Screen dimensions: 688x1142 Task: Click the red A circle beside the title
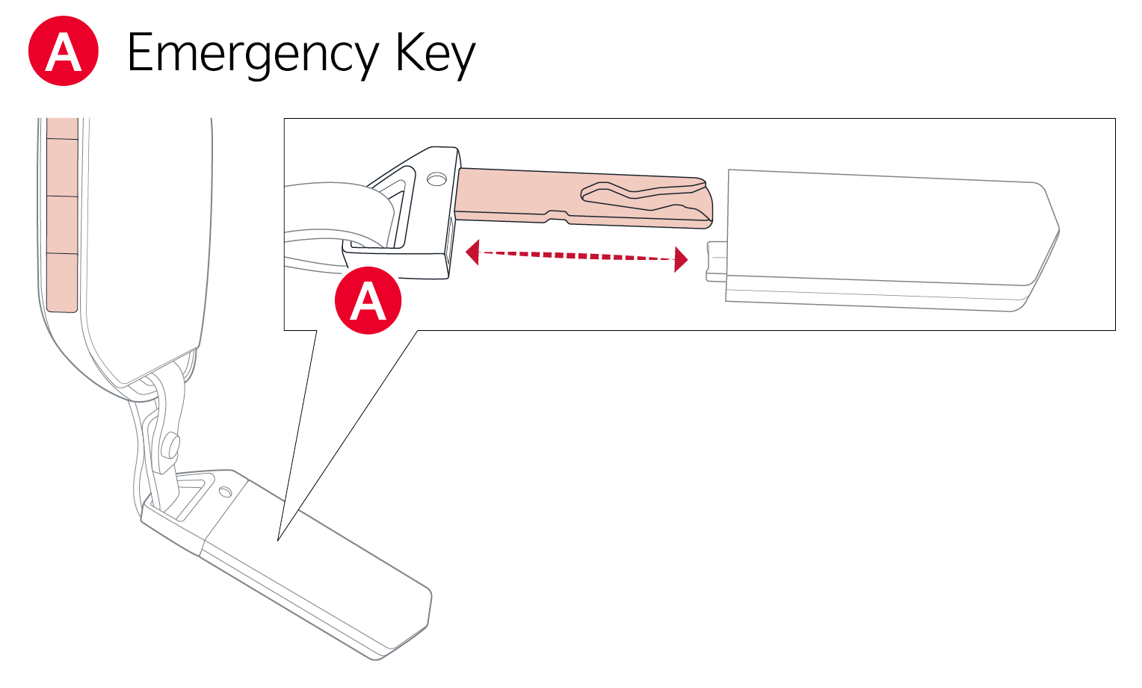pos(64,52)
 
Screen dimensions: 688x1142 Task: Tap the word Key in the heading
pos(435,54)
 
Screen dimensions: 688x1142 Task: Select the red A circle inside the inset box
pos(368,300)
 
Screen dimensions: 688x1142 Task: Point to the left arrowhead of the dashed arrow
pos(472,252)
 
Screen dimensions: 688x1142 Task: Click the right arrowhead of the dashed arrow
pos(680,259)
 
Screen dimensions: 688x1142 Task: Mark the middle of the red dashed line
pos(576,255)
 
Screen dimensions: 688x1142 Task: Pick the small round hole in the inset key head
pos(436,179)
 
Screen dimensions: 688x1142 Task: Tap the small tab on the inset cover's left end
pos(716,261)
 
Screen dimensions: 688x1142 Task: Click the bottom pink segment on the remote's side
pos(62,282)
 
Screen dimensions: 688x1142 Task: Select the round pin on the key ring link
pos(171,446)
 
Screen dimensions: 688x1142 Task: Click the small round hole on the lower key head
pos(225,492)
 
